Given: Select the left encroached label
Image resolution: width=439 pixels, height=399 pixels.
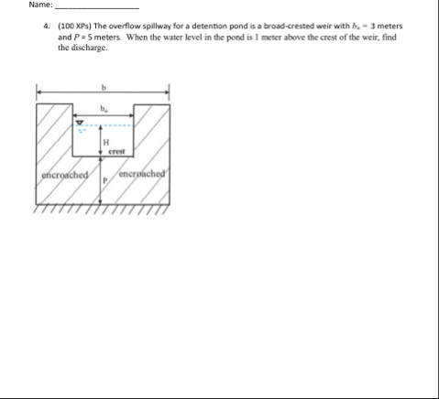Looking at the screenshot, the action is coord(64,174).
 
